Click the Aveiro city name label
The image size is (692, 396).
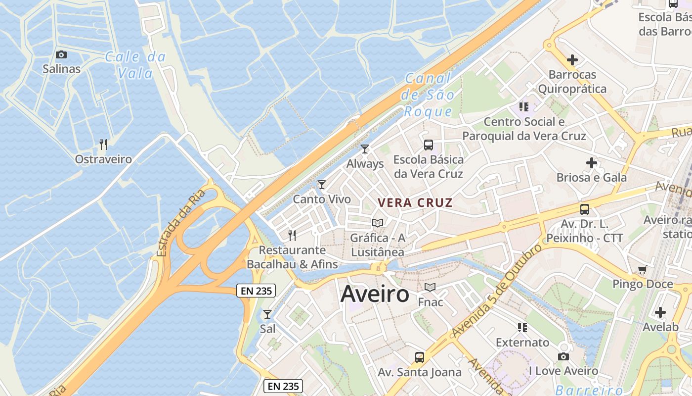tap(375, 294)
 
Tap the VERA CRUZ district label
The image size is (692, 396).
tap(415, 202)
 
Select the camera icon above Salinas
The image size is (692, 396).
tap(61, 54)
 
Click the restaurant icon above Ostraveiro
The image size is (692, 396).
tap(103, 145)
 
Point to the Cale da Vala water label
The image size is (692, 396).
tap(135, 65)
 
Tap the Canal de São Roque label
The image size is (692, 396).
tap(428, 95)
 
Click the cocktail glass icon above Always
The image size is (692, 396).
tap(365, 149)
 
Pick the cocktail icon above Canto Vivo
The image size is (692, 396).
tap(322, 185)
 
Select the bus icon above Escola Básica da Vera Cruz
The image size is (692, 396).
tap(429, 145)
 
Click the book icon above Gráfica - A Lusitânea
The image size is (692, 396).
tap(378, 223)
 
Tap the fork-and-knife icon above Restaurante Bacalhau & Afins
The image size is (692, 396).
tap(292, 235)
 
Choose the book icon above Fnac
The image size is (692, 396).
tap(430, 287)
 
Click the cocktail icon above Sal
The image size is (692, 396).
tap(267, 314)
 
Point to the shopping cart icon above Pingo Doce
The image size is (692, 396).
tap(642, 270)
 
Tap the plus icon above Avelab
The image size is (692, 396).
tap(660, 312)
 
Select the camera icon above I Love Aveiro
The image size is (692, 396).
tap(563, 356)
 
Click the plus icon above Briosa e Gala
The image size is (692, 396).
tap(592, 163)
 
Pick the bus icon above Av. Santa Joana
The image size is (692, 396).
tap(419, 357)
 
